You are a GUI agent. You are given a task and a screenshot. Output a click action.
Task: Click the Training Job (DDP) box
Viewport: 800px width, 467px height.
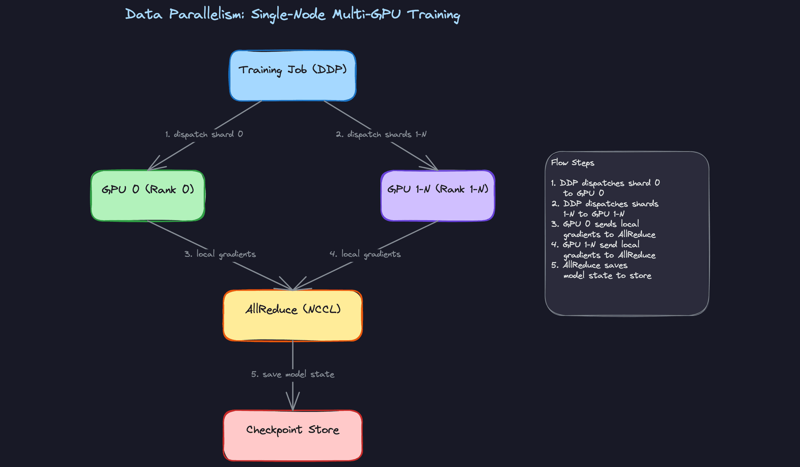[x=292, y=76]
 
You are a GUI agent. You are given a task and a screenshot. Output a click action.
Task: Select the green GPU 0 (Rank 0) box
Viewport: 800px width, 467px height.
[x=148, y=196]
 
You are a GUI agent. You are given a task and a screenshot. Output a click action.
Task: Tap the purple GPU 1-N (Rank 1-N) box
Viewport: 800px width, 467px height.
[x=437, y=196]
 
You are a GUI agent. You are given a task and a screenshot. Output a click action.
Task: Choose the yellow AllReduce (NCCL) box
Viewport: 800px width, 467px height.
[x=292, y=316]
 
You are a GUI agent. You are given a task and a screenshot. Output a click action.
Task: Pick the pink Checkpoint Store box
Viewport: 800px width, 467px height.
[x=292, y=435]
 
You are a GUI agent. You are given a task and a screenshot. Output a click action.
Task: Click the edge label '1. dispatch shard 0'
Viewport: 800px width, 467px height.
[x=204, y=134]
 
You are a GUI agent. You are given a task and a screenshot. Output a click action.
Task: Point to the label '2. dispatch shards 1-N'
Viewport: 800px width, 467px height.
[x=381, y=134]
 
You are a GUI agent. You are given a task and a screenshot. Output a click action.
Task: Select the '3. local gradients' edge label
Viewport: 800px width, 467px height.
[x=220, y=254]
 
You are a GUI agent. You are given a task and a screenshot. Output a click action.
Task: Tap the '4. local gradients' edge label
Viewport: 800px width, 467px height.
[x=365, y=254]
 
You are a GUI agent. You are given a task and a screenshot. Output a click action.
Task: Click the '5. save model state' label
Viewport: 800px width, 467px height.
[x=292, y=374]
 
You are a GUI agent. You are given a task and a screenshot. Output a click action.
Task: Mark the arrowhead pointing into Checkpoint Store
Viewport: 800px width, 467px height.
[x=293, y=404]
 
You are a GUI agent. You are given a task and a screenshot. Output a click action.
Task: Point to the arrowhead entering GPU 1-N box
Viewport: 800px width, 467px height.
[x=432, y=166]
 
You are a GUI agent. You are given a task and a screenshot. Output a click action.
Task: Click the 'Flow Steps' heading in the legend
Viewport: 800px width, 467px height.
[x=572, y=163]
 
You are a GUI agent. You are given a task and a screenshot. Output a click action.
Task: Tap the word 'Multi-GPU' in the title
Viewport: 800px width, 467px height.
[x=366, y=15]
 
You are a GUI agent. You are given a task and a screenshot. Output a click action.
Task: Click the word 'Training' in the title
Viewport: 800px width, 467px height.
[x=433, y=15]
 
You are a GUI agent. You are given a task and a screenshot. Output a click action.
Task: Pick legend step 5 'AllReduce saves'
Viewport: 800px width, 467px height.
[x=595, y=265]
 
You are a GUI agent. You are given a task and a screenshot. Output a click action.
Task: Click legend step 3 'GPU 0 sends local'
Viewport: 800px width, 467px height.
[x=600, y=224]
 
